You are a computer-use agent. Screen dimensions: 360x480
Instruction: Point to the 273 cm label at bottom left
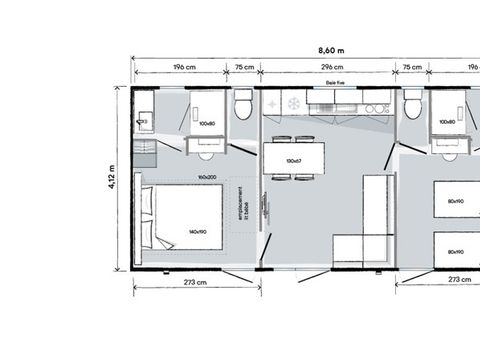click(x=195, y=282)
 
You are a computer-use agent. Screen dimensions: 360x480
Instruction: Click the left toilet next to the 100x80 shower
click(x=243, y=105)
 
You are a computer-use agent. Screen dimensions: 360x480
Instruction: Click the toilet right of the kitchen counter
click(x=412, y=107)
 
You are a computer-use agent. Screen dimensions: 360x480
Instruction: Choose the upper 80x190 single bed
click(x=455, y=200)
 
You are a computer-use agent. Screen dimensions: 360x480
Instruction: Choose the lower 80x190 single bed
click(x=455, y=251)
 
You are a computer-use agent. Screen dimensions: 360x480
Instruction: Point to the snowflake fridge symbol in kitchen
click(x=293, y=102)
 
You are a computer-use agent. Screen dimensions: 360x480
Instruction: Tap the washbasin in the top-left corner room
click(x=144, y=121)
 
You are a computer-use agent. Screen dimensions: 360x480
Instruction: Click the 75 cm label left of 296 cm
click(x=244, y=68)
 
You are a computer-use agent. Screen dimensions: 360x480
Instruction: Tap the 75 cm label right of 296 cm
click(x=411, y=68)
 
